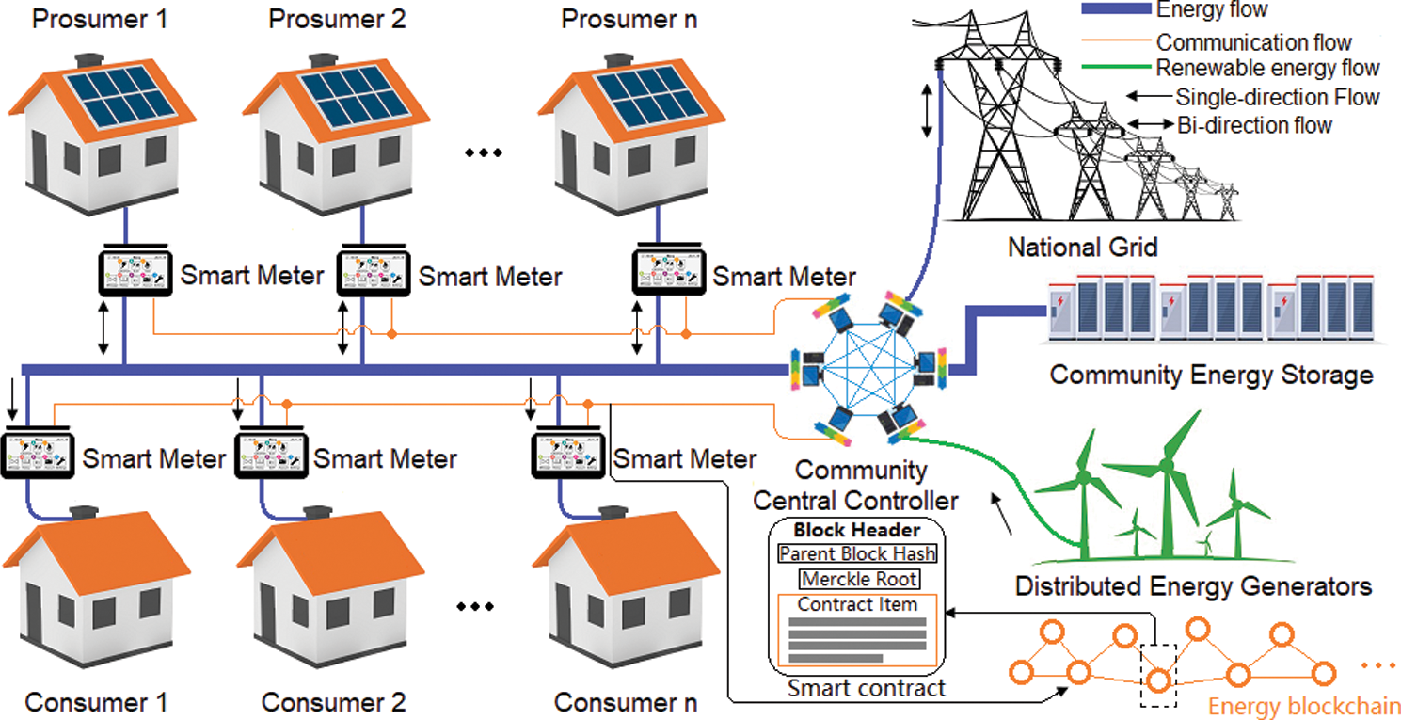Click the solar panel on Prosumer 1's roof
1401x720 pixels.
click(x=121, y=97)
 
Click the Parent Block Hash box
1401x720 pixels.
click(x=857, y=553)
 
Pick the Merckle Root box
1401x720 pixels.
click(x=859, y=579)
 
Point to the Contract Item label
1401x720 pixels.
click(x=857, y=604)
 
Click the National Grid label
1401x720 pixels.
click(x=1083, y=248)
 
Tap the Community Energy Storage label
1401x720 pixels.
click(x=1212, y=376)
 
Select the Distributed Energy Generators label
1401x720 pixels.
click(x=1193, y=586)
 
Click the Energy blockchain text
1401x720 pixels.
click(x=1304, y=706)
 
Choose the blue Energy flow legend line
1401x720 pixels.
click(x=1117, y=8)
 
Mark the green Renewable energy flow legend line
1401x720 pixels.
click(x=1117, y=67)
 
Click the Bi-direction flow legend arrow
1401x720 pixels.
click(x=1150, y=124)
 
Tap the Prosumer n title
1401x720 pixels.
click(x=629, y=20)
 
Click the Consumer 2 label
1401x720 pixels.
click(x=333, y=702)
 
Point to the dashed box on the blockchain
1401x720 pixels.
click(x=1158, y=676)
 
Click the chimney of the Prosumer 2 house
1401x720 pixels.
click(x=324, y=61)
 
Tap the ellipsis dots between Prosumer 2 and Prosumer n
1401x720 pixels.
click(x=484, y=152)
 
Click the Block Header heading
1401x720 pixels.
click(x=857, y=530)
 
